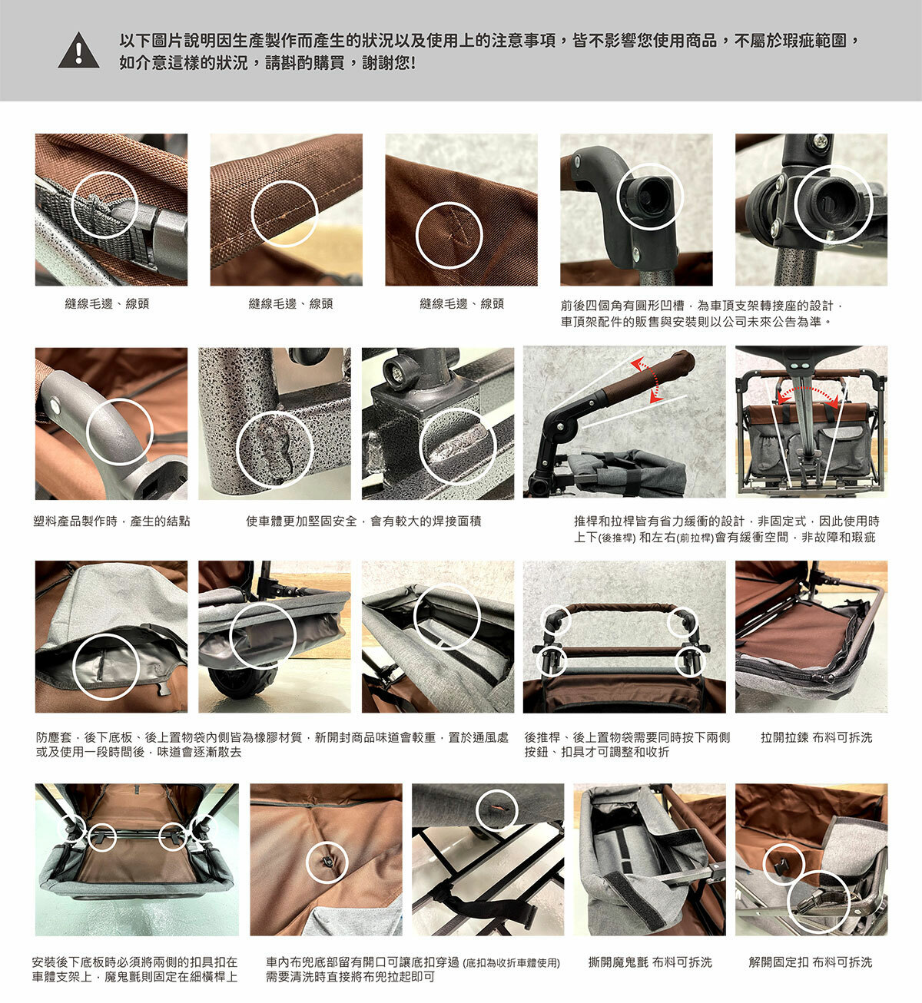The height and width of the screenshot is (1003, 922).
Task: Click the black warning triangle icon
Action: [78, 51]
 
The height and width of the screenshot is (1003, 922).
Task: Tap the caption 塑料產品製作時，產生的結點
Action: [111, 521]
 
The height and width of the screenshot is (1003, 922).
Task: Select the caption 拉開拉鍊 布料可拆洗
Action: [817, 737]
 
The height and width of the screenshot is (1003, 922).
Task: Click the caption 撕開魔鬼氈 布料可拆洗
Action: [650, 962]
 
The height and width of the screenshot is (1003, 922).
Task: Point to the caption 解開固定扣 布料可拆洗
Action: [811, 962]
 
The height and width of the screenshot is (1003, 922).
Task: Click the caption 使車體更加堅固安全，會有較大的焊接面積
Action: [363, 521]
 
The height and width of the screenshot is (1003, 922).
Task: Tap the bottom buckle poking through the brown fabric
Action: [327, 861]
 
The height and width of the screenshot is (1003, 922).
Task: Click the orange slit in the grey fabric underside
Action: [497, 807]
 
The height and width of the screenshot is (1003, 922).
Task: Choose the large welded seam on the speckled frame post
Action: [274, 449]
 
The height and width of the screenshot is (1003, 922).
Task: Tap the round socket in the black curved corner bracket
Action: [648, 196]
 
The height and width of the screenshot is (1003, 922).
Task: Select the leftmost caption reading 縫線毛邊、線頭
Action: [107, 303]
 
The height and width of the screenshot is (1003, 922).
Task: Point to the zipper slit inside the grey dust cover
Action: [101, 664]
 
